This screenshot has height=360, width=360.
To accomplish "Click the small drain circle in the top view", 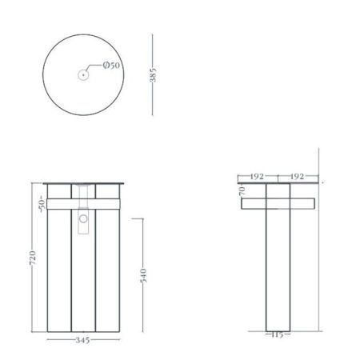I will [82, 74].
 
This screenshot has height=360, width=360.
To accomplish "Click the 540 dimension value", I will [143, 277].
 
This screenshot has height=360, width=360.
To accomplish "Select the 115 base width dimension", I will [278, 334].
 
